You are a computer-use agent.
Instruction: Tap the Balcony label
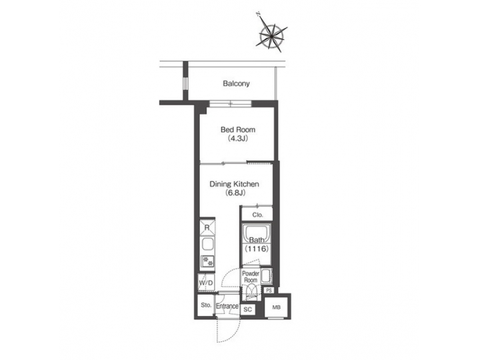(x=236, y=84)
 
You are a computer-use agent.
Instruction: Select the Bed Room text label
(x=237, y=129)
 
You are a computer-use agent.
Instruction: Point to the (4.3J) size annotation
(x=237, y=139)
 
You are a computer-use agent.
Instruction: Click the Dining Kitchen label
(x=233, y=184)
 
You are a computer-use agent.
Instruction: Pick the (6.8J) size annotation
(x=235, y=193)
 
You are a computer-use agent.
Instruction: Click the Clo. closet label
(x=257, y=215)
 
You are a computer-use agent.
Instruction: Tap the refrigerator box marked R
(x=207, y=227)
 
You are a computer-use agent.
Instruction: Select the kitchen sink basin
(x=207, y=244)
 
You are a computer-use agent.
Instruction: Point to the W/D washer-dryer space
(x=206, y=283)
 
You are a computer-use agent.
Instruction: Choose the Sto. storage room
(x=205, y=305)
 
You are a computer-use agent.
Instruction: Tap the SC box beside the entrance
(x=247, y=309)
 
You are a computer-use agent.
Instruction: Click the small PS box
(x=269, y=291)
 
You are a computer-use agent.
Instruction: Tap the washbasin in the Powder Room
(x=266, y=275)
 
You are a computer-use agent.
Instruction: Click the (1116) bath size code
(x=257, y=248)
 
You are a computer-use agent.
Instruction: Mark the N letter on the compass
(x=257, y=13)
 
